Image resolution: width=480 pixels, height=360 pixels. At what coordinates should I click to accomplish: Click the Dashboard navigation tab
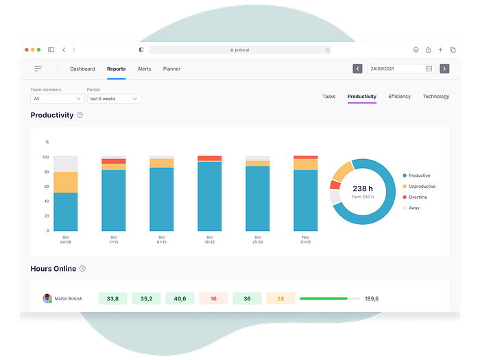(82, 69)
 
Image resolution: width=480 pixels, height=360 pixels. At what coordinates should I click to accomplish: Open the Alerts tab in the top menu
(144, 69)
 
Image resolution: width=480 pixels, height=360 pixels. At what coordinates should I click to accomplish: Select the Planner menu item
(171, 69)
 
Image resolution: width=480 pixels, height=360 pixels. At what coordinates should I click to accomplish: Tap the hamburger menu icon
(38, 69)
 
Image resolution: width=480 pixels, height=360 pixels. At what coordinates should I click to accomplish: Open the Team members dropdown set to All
(57, 99)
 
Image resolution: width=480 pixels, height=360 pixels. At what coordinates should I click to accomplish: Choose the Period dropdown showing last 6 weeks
(113, 99)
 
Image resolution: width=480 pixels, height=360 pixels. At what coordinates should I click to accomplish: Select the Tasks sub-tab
(329, 97)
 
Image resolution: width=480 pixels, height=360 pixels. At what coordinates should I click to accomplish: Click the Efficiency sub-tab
(399, 97)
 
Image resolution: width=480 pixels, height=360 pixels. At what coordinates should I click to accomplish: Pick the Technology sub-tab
(435, 97)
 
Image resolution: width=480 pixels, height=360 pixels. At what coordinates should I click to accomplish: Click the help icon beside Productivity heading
(80, 115)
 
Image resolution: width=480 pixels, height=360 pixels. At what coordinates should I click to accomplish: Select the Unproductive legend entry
(422, 187)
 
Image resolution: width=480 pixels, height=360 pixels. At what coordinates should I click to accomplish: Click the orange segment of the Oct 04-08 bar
(65, 182)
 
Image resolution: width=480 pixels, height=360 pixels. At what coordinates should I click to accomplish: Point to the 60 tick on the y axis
(47, 187)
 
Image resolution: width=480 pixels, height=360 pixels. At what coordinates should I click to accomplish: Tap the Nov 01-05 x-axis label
(305, 240)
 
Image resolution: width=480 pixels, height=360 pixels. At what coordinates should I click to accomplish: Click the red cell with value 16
(213, 299)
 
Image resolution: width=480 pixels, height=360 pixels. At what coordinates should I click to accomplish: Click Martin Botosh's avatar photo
(47, 299)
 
